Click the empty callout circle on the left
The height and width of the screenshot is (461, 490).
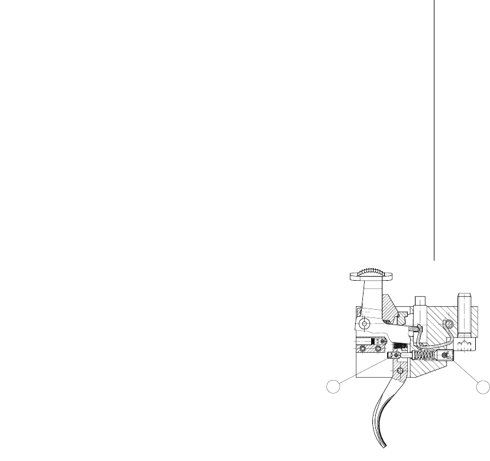(335, 387)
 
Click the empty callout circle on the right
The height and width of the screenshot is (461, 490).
(483, 387)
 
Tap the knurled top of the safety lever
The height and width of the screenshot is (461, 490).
(371, 273)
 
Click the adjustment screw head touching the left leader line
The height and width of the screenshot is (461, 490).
(392, 355)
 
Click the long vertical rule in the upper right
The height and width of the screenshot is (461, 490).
(434, 130)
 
